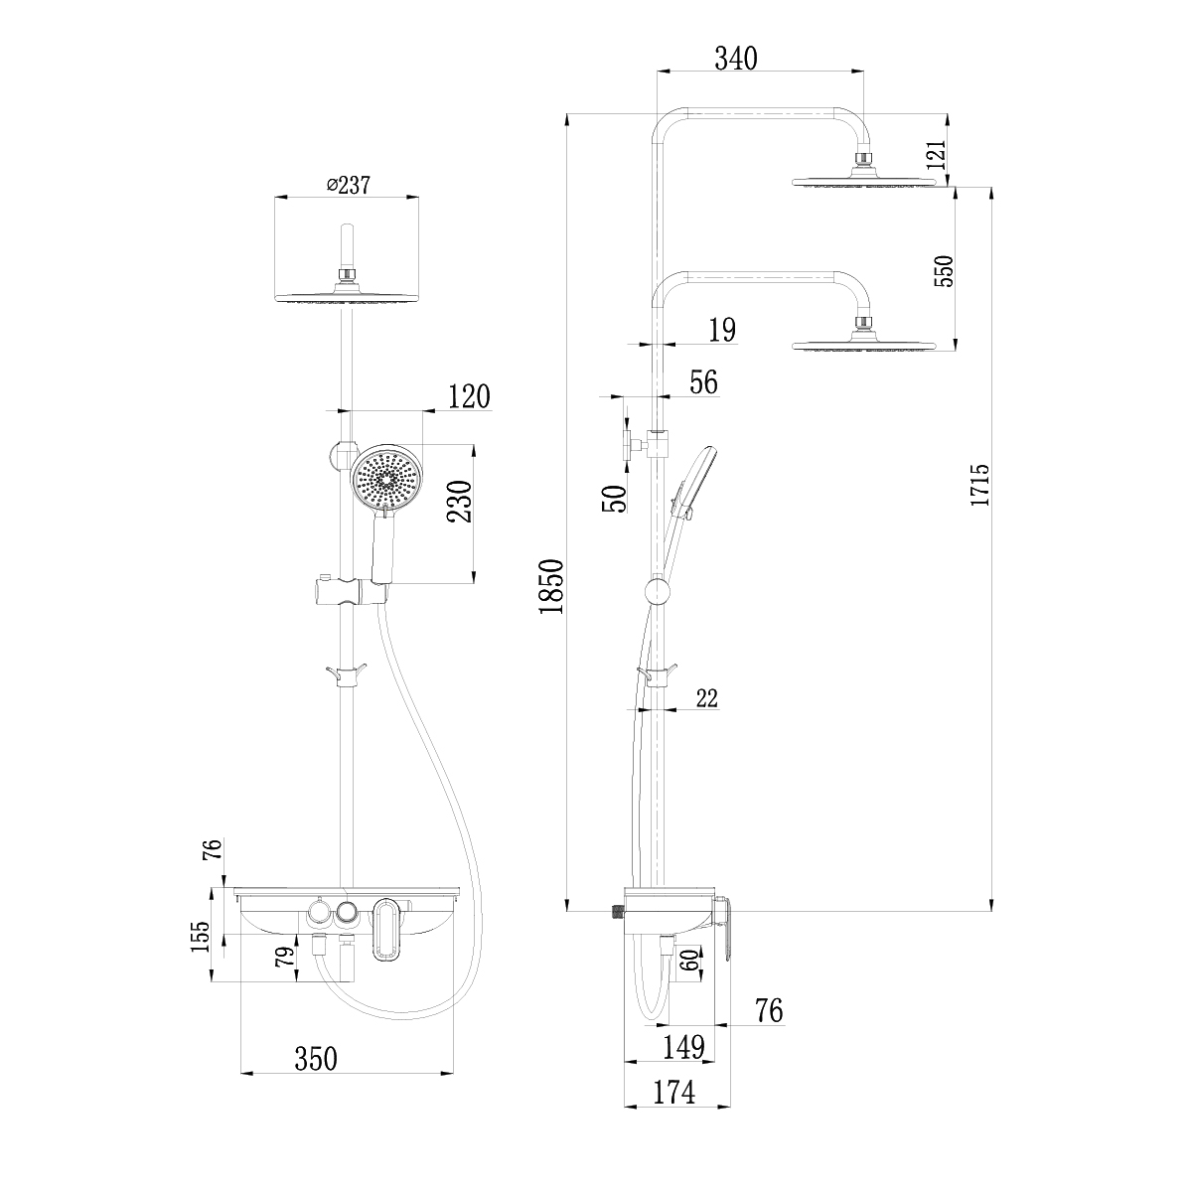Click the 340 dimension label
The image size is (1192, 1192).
click(736, 59)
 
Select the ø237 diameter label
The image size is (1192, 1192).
click(346, 186)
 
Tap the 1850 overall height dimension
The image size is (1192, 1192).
click(551, 586)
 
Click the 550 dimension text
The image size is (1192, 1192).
click(944, 270)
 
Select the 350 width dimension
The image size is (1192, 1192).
click(317, 1059)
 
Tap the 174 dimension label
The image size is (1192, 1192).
click(673, 1092)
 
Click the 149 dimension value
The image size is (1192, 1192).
click(683, 1047)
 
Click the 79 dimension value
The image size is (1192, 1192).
click(283, 959)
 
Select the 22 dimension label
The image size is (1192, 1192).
click(706, 699)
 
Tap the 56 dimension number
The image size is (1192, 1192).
click(702, 383)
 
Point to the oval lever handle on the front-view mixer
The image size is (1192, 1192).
click(385, 932)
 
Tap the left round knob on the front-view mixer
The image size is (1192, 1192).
click(320, 911)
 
